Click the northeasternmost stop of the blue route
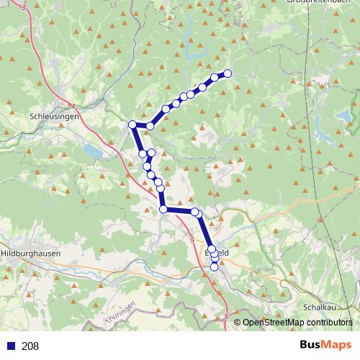pos(228,73)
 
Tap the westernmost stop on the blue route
pos(132,125)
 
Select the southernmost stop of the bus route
pos(214,267)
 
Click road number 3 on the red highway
pos(24,7)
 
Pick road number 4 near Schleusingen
pos(73,105)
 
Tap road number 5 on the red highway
pos(192,238)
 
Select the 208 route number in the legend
pos(30,346)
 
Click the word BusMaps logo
pos(325,346)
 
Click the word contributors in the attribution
pos(330,323)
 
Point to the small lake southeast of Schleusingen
pos(92,150)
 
